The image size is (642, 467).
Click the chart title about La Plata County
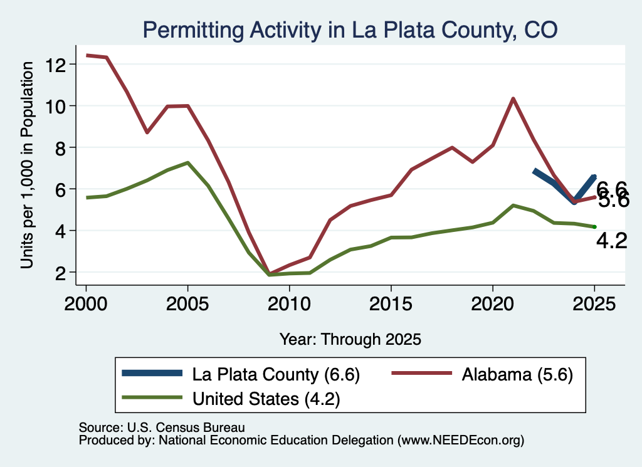pyautogui.click(x=350, y=30)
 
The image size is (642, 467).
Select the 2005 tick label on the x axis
pyautogui.click(x=187, y=304)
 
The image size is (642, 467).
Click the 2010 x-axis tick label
pyautogui.click(x=289, y=304)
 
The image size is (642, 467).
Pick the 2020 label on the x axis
pyautogui.click(x=493, y=304)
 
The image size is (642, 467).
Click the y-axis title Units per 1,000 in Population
pyautogui.click(x=27, y=165)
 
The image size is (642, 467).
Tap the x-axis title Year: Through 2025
pyautogui.click(x=350, y=339)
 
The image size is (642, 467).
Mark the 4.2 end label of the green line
pyautogui.click(x=612, y=241)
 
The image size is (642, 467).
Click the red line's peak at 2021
pyautogui.click(x=513, y=98)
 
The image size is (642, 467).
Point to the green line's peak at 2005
pyautogui.click(x=187, y=163)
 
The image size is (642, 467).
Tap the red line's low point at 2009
pyautogui.click(x=269, y=273)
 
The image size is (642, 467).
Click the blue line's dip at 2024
pyautogui.click(x=574, y=201)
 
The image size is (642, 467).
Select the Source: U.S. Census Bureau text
pyautogui.click(x=162, y=428)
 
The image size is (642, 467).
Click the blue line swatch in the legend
pyautogui.click(x=152, y=373)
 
